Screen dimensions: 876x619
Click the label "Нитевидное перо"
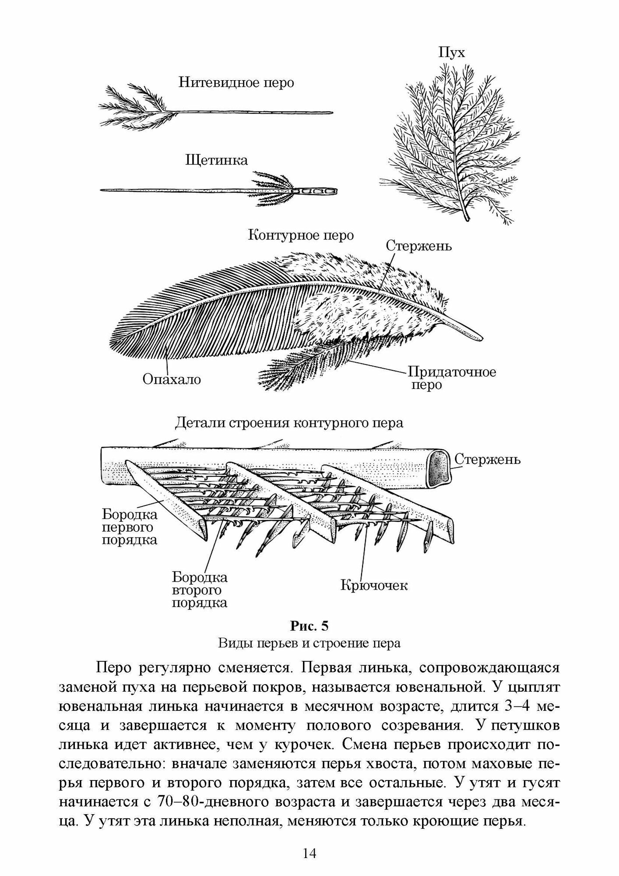236,83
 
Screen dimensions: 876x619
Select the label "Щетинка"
217,160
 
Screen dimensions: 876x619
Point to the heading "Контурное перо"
301,236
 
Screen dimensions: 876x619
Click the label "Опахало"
172,379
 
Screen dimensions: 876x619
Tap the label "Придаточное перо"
452,378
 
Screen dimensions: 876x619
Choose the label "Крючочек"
374,585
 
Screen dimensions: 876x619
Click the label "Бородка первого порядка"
130,526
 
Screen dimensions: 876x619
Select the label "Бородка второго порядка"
200,590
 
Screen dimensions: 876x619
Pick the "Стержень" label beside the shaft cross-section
487,459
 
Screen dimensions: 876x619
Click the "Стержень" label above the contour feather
419,246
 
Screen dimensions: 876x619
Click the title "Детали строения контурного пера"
289,423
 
